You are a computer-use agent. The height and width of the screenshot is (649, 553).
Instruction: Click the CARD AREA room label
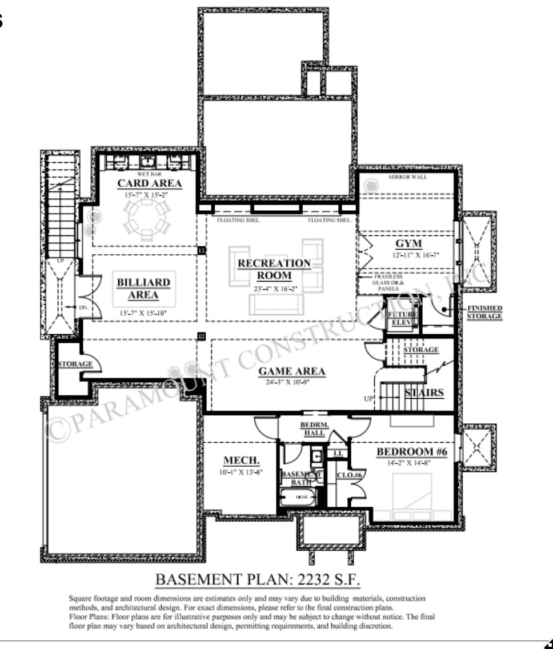(149, 183)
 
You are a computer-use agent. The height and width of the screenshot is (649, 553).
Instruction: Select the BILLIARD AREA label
(143, 289)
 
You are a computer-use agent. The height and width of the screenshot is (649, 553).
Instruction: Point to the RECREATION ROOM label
(274, 269)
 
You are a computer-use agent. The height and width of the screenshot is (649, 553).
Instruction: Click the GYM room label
(408, 244)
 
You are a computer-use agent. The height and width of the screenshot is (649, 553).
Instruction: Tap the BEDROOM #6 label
(411, 452)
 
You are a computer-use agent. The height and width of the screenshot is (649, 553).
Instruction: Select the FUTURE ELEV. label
(403, 318)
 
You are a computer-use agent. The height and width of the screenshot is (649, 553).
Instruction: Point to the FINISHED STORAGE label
(484, 312)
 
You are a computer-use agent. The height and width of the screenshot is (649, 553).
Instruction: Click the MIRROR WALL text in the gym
(407, 177)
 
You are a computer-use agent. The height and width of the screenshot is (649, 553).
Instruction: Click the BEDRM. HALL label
(314, 429)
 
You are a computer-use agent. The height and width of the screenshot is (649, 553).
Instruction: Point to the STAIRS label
(424, 392)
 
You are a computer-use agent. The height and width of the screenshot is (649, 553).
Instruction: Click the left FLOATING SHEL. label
(238, 220)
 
